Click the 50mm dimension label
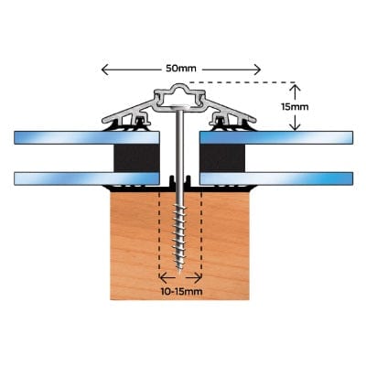pos(181,69)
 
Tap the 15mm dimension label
pos(295,107)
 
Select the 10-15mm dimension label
pos(181,292)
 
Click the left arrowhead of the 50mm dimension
pos(105,70)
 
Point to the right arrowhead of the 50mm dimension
pos(257,70)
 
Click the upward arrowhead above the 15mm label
pos(295,88)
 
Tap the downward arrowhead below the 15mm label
pos(295,126)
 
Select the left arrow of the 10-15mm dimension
pos(167,278)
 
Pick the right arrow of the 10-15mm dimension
pos(194,278)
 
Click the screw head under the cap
pos(180,107)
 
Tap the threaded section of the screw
pos(180,235)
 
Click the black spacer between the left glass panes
pos(136,158)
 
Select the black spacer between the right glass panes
pos(222,158)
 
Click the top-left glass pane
pos(87,137)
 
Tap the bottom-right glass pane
pos(276,178)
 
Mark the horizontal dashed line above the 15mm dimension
pos(242,82)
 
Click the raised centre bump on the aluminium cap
pos(179,87)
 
